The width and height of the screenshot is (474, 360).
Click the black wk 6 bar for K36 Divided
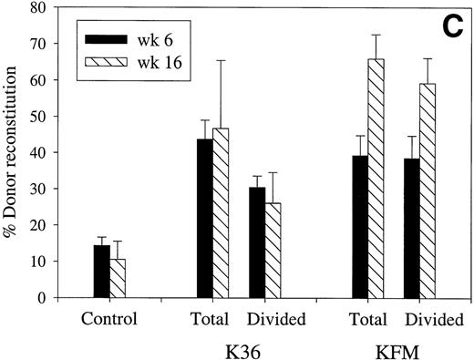258,242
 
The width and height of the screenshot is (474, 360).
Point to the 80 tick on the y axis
54,7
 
